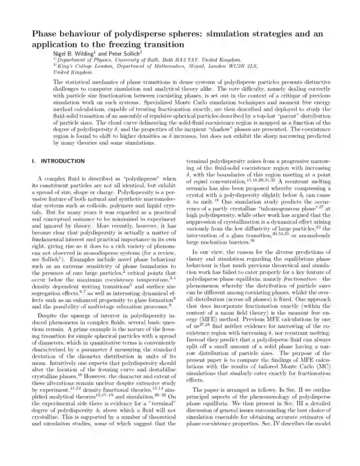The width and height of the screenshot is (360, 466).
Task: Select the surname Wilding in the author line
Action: point(86,53)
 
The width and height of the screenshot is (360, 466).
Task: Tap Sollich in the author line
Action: point(130,53)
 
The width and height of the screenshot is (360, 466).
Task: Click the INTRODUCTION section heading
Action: point(63,161)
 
